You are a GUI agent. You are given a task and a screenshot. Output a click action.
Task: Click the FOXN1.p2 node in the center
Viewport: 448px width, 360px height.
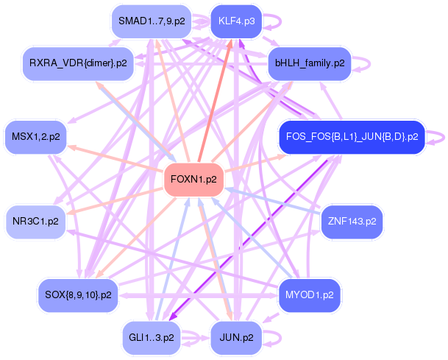pyautogui.click(x=193, y=179)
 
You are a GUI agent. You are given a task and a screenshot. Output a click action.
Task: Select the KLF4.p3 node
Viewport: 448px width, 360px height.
pyautogui.click(x=236, y=21)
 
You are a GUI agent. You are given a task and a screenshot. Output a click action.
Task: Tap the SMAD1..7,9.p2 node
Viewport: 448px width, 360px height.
pyautogui.click(x=152, y=21)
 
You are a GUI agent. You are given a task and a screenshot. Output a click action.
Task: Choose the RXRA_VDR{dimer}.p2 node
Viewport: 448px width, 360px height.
pyautogui.click(x=78, y=63)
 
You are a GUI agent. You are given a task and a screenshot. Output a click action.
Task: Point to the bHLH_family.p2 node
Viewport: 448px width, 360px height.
pyautogui.click(x=309, y=63)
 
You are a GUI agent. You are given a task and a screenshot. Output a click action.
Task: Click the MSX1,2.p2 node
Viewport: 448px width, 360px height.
pyautogui.click(x=36, y=136)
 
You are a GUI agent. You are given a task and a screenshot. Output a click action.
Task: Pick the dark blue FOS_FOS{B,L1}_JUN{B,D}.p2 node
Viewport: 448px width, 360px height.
pyautogui.click(x=351, y=136)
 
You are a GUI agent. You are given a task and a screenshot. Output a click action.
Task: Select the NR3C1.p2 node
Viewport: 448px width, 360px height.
pyautogui.click(x=36, y=219)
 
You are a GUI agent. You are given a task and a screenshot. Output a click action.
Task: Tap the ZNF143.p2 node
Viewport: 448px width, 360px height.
pyautogui.click(x=351, y=219)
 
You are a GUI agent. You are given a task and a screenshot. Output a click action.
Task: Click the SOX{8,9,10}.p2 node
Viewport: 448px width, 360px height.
pyautogui.click(x=78, y=294)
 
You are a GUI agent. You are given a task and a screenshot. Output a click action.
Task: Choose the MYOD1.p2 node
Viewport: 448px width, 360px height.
pyautogui.click(x=308, y=294)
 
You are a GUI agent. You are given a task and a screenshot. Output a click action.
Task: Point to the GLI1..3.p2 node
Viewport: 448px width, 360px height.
pyautogui.click(x=152, y=337)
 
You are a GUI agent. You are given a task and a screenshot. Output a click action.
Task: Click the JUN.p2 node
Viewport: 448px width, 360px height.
pyautogui.click(x=236, y=337)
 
